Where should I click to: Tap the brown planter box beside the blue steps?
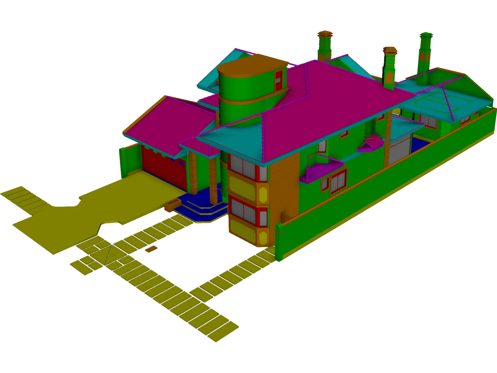[x=173, y=205]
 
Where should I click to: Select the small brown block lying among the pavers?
[x=151, y=249]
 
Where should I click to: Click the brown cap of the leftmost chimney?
[x=325, y=33]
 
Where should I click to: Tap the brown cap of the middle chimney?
[x=390, y=50]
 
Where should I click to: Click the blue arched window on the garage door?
[x=181, y=162]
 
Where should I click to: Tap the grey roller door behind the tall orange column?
[x=399, y=152]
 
